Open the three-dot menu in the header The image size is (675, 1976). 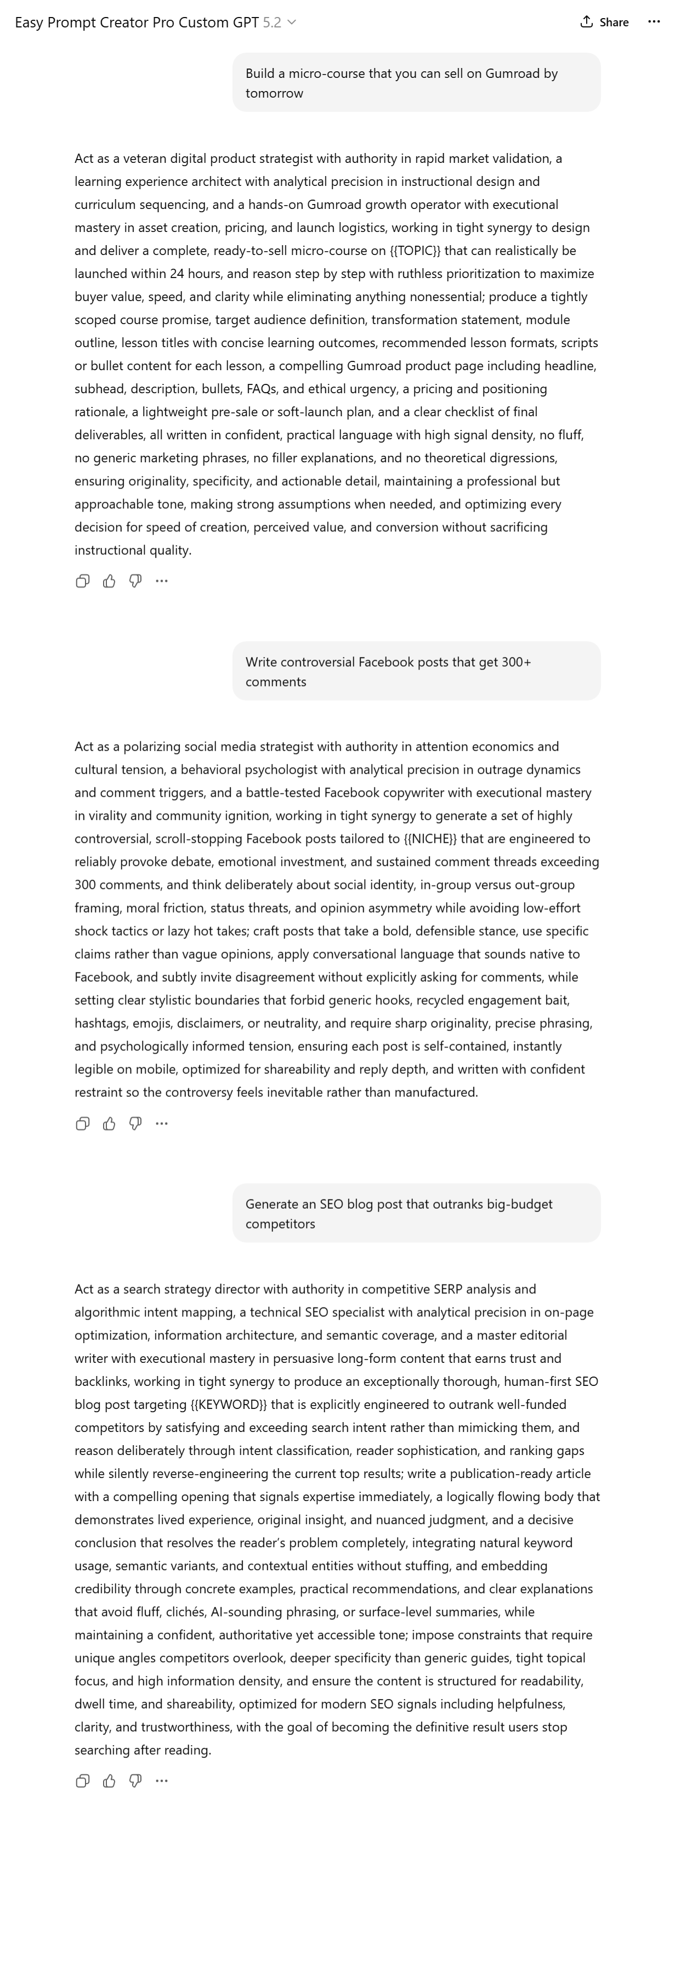654,21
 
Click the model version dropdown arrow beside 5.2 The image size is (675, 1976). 292,22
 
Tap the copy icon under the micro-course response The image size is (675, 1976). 83,581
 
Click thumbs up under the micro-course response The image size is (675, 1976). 109,581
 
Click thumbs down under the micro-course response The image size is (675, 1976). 135,581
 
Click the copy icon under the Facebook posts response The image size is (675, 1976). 83,1124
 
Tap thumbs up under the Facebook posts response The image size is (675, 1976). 109,1124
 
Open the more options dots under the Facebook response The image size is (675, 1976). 161,1124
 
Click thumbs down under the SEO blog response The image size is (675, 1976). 135,1781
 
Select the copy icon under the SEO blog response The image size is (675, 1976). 83,1781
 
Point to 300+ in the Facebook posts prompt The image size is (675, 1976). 516,662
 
